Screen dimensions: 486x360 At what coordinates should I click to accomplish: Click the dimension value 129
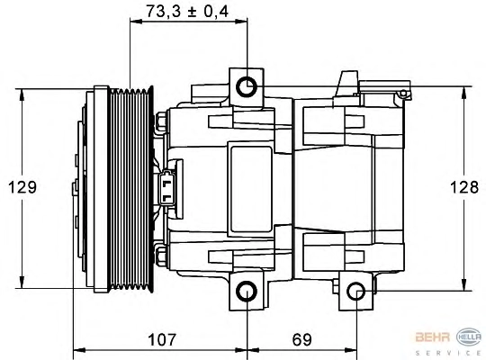22,187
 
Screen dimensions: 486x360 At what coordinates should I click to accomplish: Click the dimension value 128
464,187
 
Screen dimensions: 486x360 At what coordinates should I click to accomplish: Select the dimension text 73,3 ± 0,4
187,12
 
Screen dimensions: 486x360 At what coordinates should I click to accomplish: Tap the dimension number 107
162,339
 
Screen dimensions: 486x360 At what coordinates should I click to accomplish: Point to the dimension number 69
301,339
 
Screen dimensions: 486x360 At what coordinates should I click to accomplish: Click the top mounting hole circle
247,86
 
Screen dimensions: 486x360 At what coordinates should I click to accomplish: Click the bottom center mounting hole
247,292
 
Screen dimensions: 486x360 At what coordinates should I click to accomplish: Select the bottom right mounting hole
356,292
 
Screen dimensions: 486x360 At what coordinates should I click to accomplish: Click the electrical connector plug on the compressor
166,187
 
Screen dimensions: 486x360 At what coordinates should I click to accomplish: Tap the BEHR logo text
433,337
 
